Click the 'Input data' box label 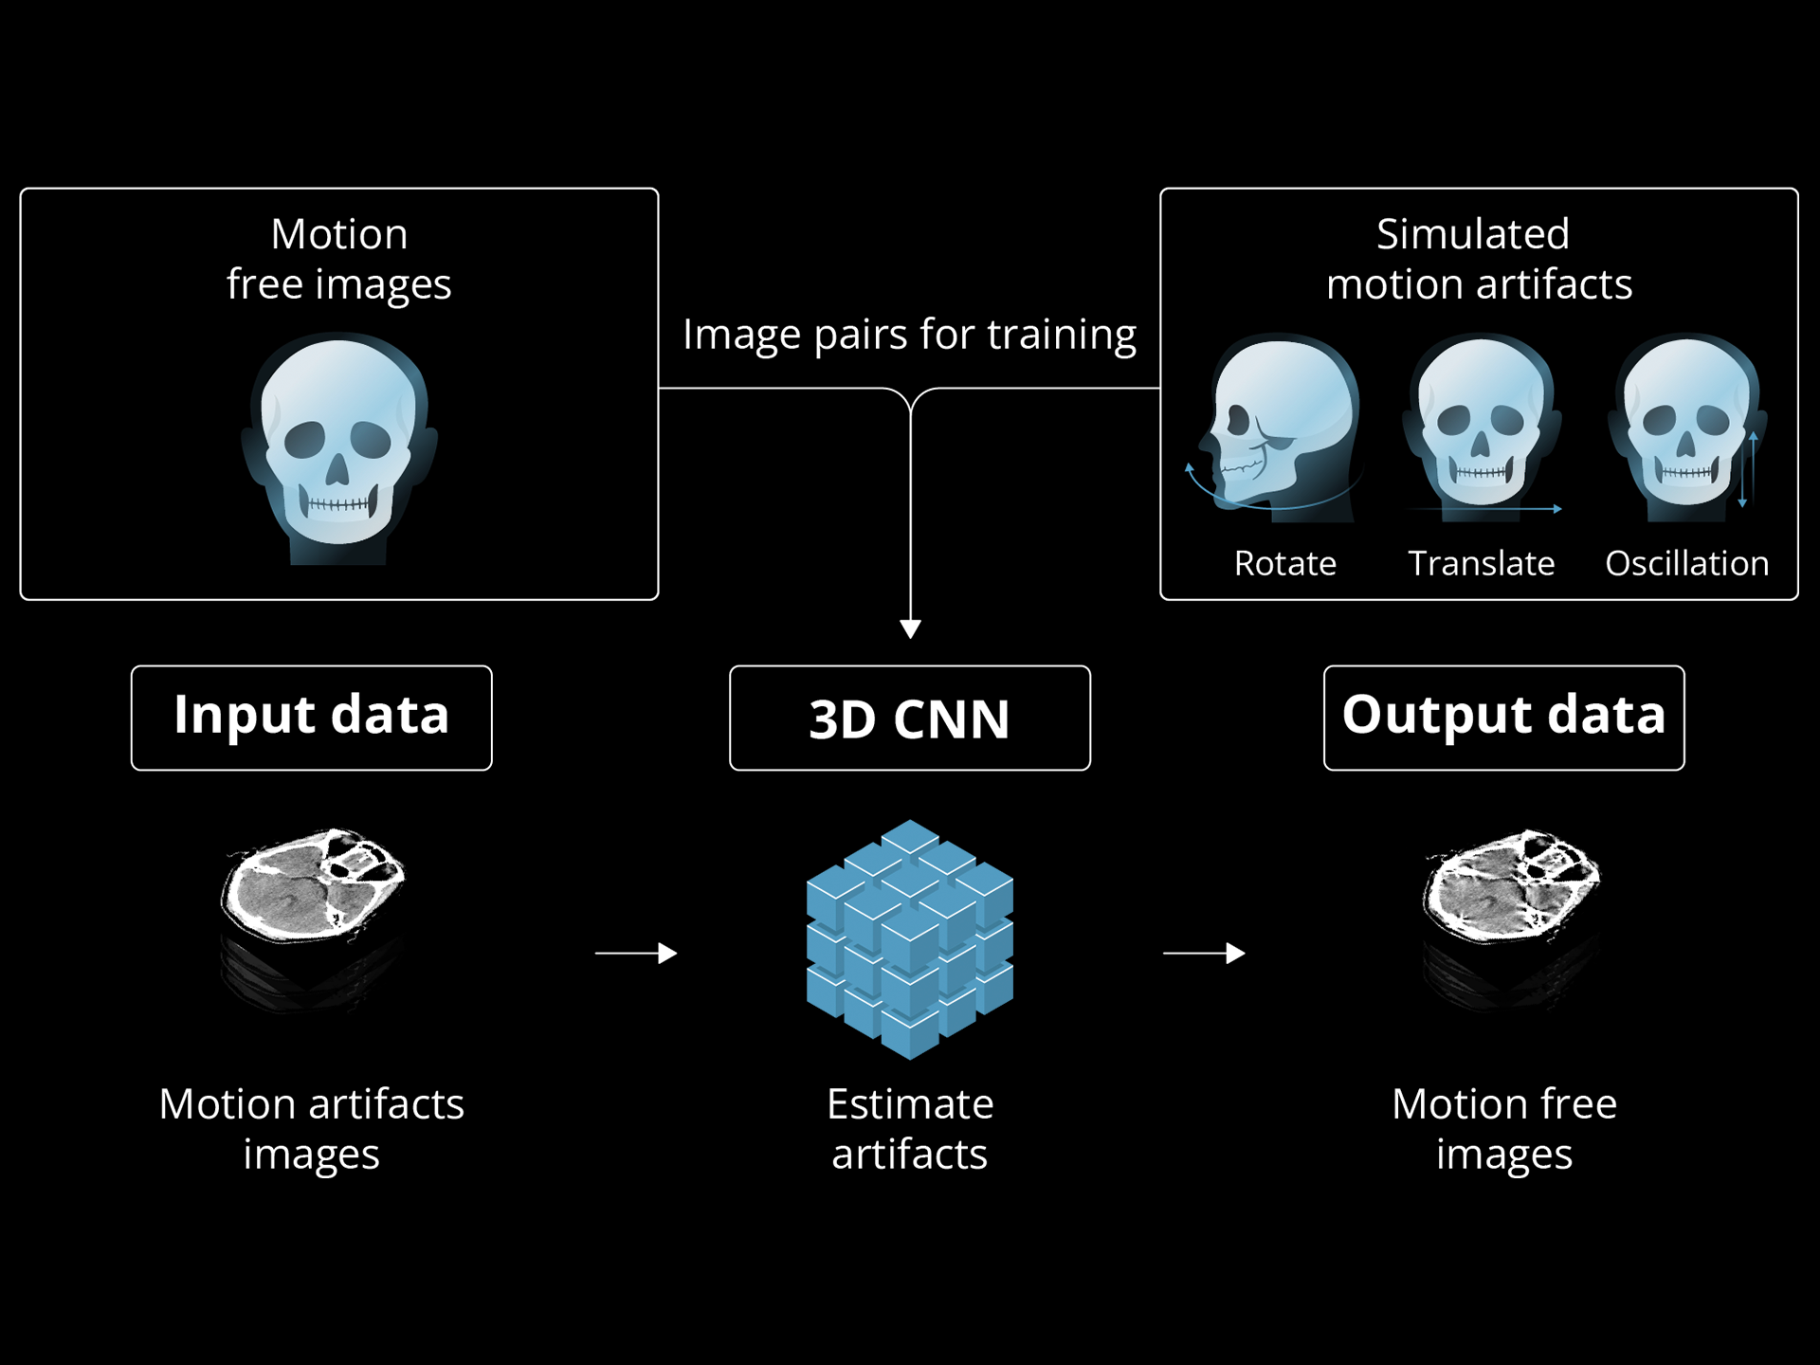pyautogui.click(x=311, y=717)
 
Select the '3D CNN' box pyautogui.click(x=909, y=719)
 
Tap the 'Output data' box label pyautogui.click(x=1503, y=717)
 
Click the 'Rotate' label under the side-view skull pyautogui.click(x=1284, y=564)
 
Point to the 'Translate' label pyautogui.click(x=1481, y=564)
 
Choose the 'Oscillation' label pyautogui.click(x=1686, y=564)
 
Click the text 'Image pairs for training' pyautogui.click(x=909, y=336)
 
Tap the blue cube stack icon pyautogui.click(x=909, y=938)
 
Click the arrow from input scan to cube pyautogui.click(x=636, y=953)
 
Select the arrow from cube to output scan pyautogui.click(x=1204, y=953)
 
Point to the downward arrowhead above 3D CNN pyautogui.click(x=910, y=628)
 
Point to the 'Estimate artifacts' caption pyautogui.click(x=909, y=1129)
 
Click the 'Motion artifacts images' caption pyautogui.click(x=311, y=1129)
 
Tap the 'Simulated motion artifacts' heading pyautogui.click(x=1477, y=259)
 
